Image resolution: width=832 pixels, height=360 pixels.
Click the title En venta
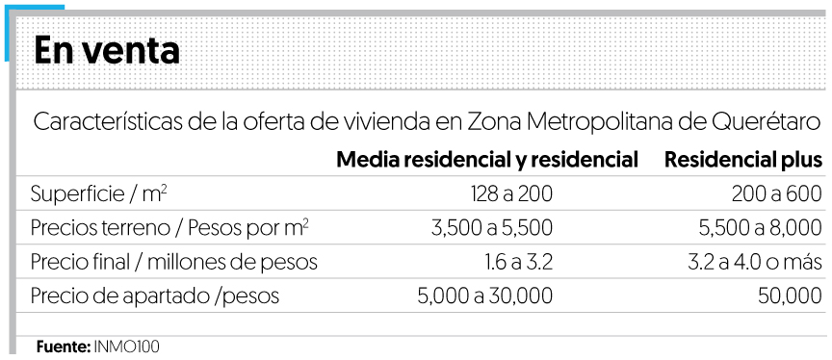click(x=107, y=51)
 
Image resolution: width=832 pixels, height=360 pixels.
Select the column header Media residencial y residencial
click(x=487, y=159)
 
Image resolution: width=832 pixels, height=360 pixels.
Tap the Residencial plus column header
click(x=742, y=159)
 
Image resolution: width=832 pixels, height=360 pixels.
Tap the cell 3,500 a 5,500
click(x=484, y=228)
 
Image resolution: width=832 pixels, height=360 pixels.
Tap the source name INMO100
click(x=123, y=345)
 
